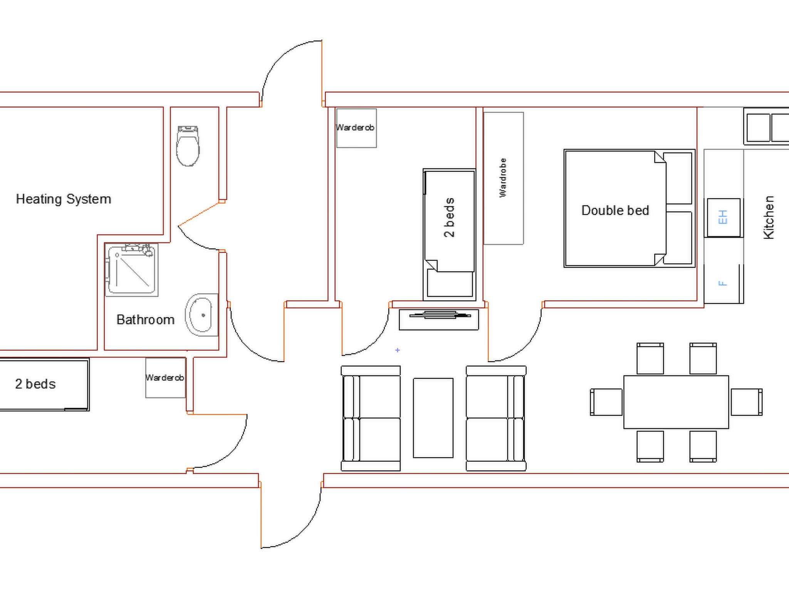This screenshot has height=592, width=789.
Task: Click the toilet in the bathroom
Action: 188,146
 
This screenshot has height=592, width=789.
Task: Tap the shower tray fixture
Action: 132,270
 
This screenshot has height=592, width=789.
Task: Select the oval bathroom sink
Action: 201,315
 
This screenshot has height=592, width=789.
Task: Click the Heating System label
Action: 64,199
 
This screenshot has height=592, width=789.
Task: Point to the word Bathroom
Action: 145,320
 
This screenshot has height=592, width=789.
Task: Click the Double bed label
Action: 615,210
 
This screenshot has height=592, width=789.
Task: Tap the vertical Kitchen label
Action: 769,218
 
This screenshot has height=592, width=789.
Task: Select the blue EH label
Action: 723,217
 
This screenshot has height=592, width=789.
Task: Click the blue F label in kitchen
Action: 723,283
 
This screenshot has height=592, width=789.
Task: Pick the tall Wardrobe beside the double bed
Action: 504,178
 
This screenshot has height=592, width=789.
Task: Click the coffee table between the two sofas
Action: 433,418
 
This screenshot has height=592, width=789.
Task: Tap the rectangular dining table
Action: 676,402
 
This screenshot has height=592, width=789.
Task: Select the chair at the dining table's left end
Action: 606,402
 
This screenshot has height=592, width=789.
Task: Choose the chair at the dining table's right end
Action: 747,402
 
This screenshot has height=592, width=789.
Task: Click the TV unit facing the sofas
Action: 439,320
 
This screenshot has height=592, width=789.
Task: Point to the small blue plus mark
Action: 398,350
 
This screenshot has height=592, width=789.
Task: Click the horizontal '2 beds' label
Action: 35,384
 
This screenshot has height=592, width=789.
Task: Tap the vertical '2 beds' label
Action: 449,218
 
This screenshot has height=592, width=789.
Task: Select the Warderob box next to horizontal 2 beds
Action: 166,378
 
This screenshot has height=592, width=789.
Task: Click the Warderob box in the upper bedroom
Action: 356,128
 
